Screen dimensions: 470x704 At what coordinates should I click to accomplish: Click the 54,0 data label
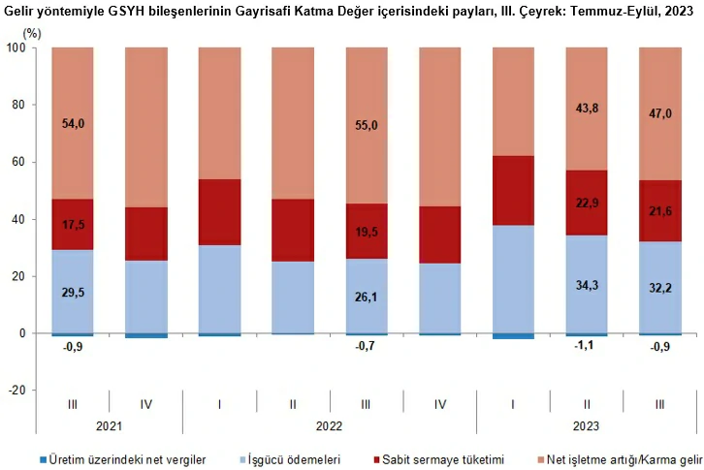[72, 125]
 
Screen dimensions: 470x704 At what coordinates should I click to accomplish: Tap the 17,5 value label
[72, 225]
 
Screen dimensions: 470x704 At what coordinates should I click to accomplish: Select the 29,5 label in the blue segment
[72, 292]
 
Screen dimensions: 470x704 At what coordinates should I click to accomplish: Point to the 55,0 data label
[366, 125]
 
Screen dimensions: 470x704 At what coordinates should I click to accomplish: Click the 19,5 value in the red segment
[366, 233]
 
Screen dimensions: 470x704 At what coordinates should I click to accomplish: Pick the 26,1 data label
[366, 298]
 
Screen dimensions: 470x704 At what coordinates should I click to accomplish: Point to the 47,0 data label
[659, 113]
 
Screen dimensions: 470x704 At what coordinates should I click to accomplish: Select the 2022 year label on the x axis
[329, 425]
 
